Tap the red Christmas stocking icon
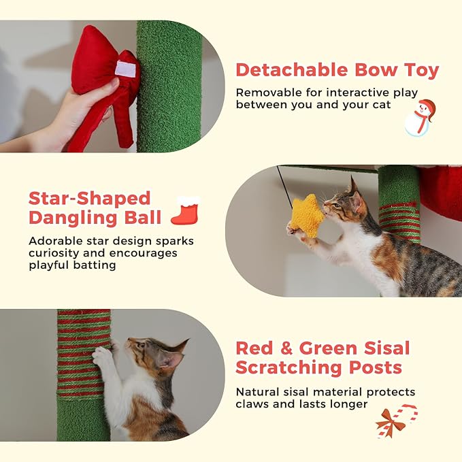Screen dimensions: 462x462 point(185,212)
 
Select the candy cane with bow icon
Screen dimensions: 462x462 point(396,421)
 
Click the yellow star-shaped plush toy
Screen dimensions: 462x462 point(308,216)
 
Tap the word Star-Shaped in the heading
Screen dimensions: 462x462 point(89,199)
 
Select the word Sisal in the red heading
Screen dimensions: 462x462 point(384,348)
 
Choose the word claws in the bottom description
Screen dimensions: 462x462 point(253,404)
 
